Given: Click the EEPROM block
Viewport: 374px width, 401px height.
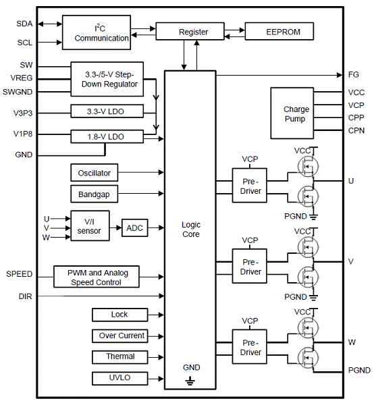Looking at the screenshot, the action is [x=279, y=32].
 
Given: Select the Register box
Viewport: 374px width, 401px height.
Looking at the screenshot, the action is [x=190, y=31].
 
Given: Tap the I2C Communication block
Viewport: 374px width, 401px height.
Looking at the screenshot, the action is [x=97, y=32].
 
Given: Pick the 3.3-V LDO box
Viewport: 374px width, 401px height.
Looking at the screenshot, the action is [x=107, y=111].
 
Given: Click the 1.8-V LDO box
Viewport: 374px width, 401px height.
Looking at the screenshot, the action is [x=107, y=136].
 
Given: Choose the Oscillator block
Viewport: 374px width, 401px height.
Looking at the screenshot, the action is [x=94, y=173].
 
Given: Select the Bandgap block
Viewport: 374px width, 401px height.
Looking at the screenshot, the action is [x=94, y=194].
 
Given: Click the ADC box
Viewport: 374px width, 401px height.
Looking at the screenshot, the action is [x=134, y=228].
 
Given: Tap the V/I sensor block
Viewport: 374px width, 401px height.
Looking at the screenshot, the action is [x=90, y=226].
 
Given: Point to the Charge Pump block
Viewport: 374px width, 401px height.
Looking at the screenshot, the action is [x=292, y=113].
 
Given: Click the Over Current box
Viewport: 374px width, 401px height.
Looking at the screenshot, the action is [x=119, y=336].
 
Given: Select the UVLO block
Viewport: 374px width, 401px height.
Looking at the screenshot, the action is [x=119, y=378].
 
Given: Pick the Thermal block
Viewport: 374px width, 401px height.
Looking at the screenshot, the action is [x=119, y=357].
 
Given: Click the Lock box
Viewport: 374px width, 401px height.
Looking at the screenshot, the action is [x=119, y=315].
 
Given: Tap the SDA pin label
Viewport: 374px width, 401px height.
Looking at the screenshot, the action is [x=24, y=24].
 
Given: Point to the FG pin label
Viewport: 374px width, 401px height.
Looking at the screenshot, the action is [x=353, y=75].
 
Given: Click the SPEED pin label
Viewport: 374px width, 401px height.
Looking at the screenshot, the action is [x=19, y=274].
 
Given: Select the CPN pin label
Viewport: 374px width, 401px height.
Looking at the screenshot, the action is [x=356, y=130].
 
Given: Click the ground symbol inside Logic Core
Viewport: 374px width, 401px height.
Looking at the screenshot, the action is [x=190, y=381].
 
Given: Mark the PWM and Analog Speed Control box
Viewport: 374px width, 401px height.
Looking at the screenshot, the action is [x=97, y=277].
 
